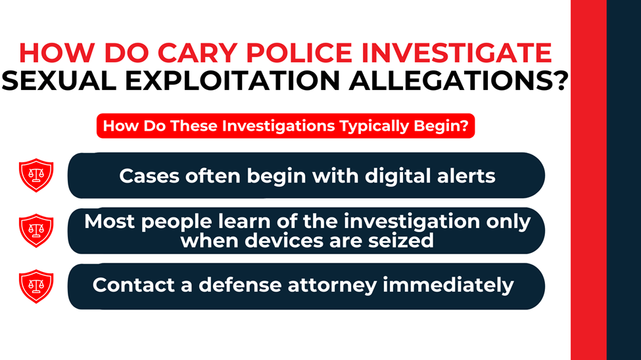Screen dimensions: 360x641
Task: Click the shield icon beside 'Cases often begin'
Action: [36, 175]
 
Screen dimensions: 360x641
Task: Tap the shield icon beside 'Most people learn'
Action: [36, 231]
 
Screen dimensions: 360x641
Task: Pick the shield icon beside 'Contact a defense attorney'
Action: [36, 286]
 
